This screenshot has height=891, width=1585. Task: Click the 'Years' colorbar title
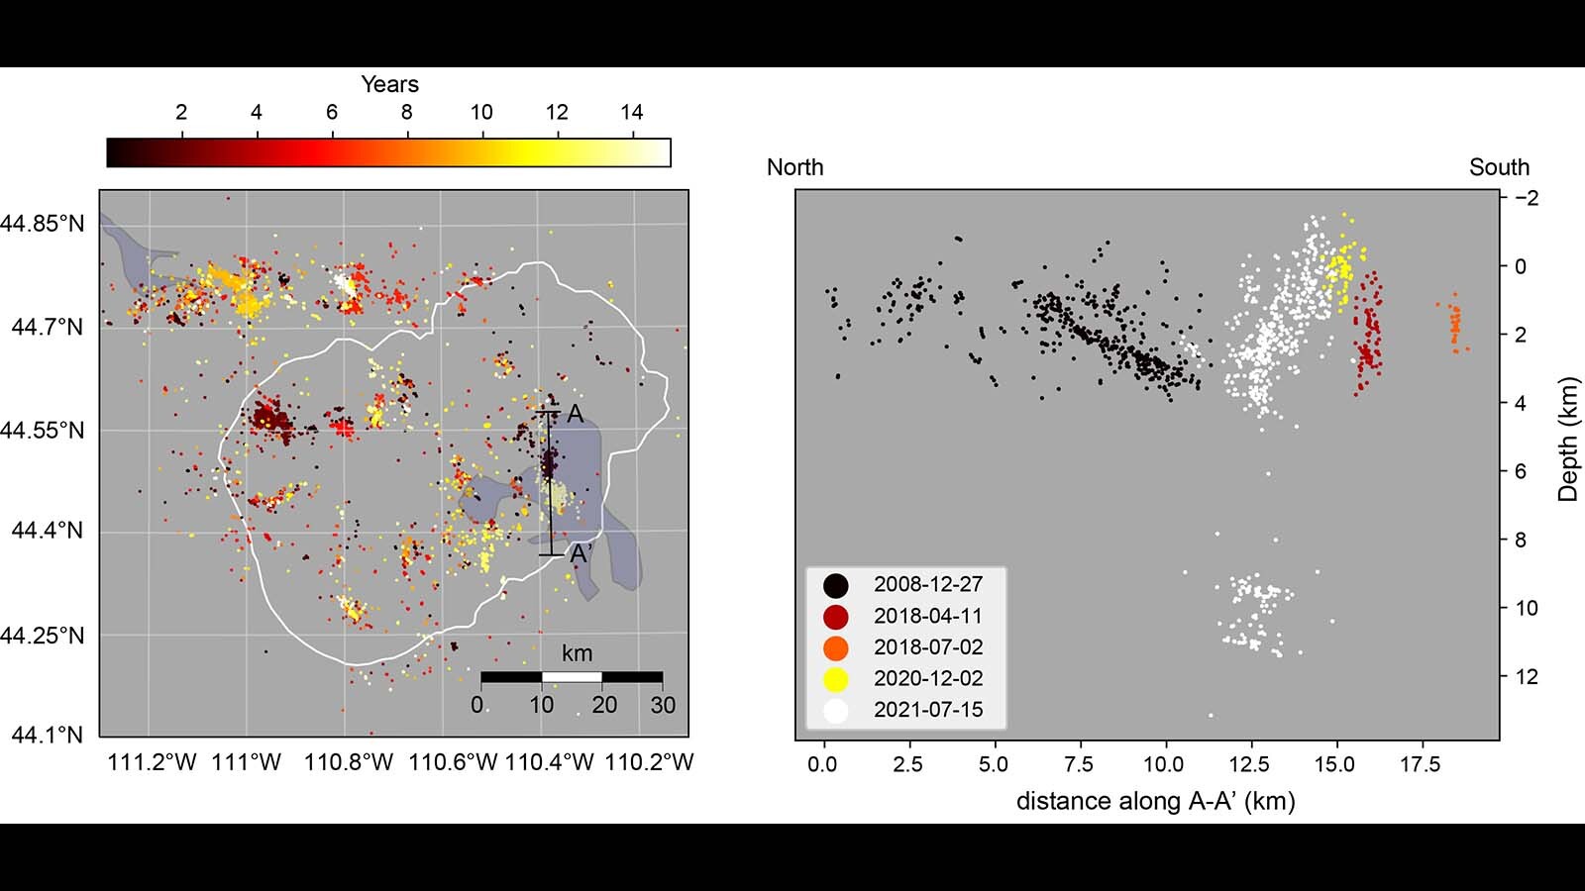click(389, 84)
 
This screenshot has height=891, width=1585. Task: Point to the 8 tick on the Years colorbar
click(406, 113)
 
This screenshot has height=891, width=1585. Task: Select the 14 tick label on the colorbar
click(632, 113)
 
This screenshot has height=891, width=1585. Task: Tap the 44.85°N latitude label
click(43, 224)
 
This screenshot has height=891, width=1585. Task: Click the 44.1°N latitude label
click(48, 735)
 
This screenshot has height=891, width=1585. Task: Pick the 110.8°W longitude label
click(349, 762)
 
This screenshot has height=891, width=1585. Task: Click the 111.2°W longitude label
click(152, 762)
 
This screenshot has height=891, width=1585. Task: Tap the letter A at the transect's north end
click(575, 415)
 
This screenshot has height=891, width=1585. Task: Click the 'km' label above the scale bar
click(577, 653)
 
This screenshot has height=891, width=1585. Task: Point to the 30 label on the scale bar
click(663, 705)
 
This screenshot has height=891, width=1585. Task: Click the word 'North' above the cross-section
click(794, 167)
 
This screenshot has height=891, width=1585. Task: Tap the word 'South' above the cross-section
click(1499, 167)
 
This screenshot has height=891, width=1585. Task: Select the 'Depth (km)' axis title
click(1567, 439)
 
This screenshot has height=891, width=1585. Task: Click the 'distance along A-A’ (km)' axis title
click(1155, 801)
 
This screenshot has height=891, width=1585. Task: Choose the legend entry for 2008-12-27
click(927, 584)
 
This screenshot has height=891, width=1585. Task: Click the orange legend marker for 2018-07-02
click(836, 647)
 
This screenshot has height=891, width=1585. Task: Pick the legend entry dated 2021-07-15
click(927, 710)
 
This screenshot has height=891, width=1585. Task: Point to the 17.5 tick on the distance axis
click(1420, 764)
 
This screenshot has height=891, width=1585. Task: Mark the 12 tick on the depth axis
click(1527, 677)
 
